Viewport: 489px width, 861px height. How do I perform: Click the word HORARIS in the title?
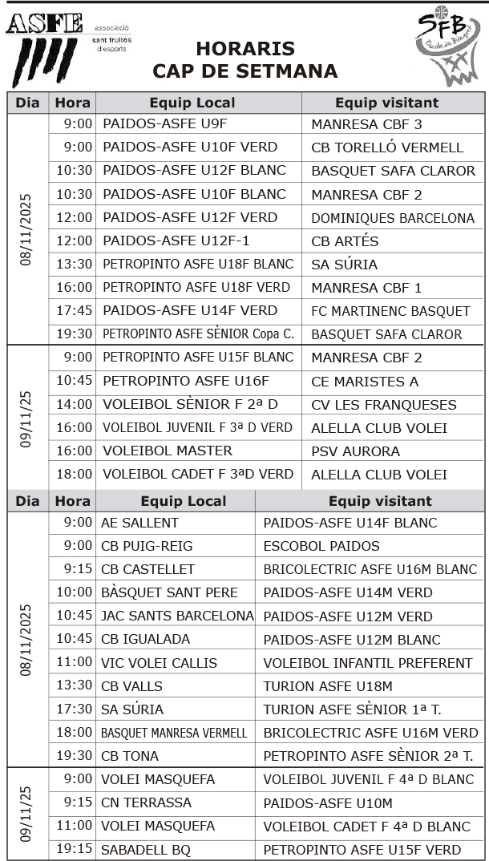tap(244, 49)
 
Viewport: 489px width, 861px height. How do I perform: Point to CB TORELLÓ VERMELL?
tap(387, 148)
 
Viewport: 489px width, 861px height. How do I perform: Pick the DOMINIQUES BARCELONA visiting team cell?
tap(393, 218)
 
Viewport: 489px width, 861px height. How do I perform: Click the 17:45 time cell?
tap(74, 310)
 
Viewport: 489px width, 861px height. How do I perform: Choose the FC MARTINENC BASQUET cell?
tap(390, 311)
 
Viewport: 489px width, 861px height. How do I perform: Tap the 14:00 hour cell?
tap(74, 405)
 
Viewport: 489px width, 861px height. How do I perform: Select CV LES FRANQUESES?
tap(384, 405)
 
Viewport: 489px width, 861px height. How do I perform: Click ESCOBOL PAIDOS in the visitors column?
tap(321, 546)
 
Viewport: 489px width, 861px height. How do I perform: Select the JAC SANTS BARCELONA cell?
tap(177, 616)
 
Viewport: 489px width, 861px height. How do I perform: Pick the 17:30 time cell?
tap(74, 709)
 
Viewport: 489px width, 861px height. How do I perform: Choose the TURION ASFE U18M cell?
tap(328, 686)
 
